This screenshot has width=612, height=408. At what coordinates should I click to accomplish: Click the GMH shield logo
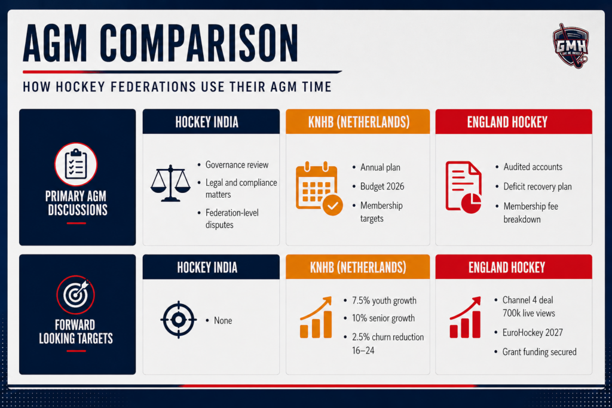pos(571,45)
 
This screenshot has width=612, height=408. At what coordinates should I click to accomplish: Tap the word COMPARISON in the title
pos(199,43)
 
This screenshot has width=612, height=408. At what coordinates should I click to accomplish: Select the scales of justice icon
pos(170,183)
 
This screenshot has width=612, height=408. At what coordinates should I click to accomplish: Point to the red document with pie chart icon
pos(463,187)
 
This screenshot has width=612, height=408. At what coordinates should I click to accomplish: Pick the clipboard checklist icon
pos(76,164)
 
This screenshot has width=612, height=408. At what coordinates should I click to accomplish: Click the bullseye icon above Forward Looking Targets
pos(76,295)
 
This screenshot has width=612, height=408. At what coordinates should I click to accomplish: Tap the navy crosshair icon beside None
pos(178,320)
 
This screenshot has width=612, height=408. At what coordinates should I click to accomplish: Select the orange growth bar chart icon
pos(316,317)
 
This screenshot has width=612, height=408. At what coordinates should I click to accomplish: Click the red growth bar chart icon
pos(465,317)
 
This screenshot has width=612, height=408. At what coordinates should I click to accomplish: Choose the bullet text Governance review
pos(237,165)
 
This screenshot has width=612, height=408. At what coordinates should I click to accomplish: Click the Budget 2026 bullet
pos(382,186)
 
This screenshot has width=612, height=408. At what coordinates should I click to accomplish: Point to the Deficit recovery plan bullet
pos(537,186)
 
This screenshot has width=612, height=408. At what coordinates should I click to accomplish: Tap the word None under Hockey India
pos(223,321)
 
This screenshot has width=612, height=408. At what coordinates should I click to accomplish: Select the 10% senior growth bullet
pos(383,318)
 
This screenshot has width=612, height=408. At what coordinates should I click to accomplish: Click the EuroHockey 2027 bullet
pos(533,333)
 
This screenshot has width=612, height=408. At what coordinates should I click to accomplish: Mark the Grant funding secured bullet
pos(540,352)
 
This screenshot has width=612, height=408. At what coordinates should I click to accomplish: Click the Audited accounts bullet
pos(533,167)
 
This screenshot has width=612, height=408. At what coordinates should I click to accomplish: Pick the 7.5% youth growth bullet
pos(384,300)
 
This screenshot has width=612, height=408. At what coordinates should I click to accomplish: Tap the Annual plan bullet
pos(380,167)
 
